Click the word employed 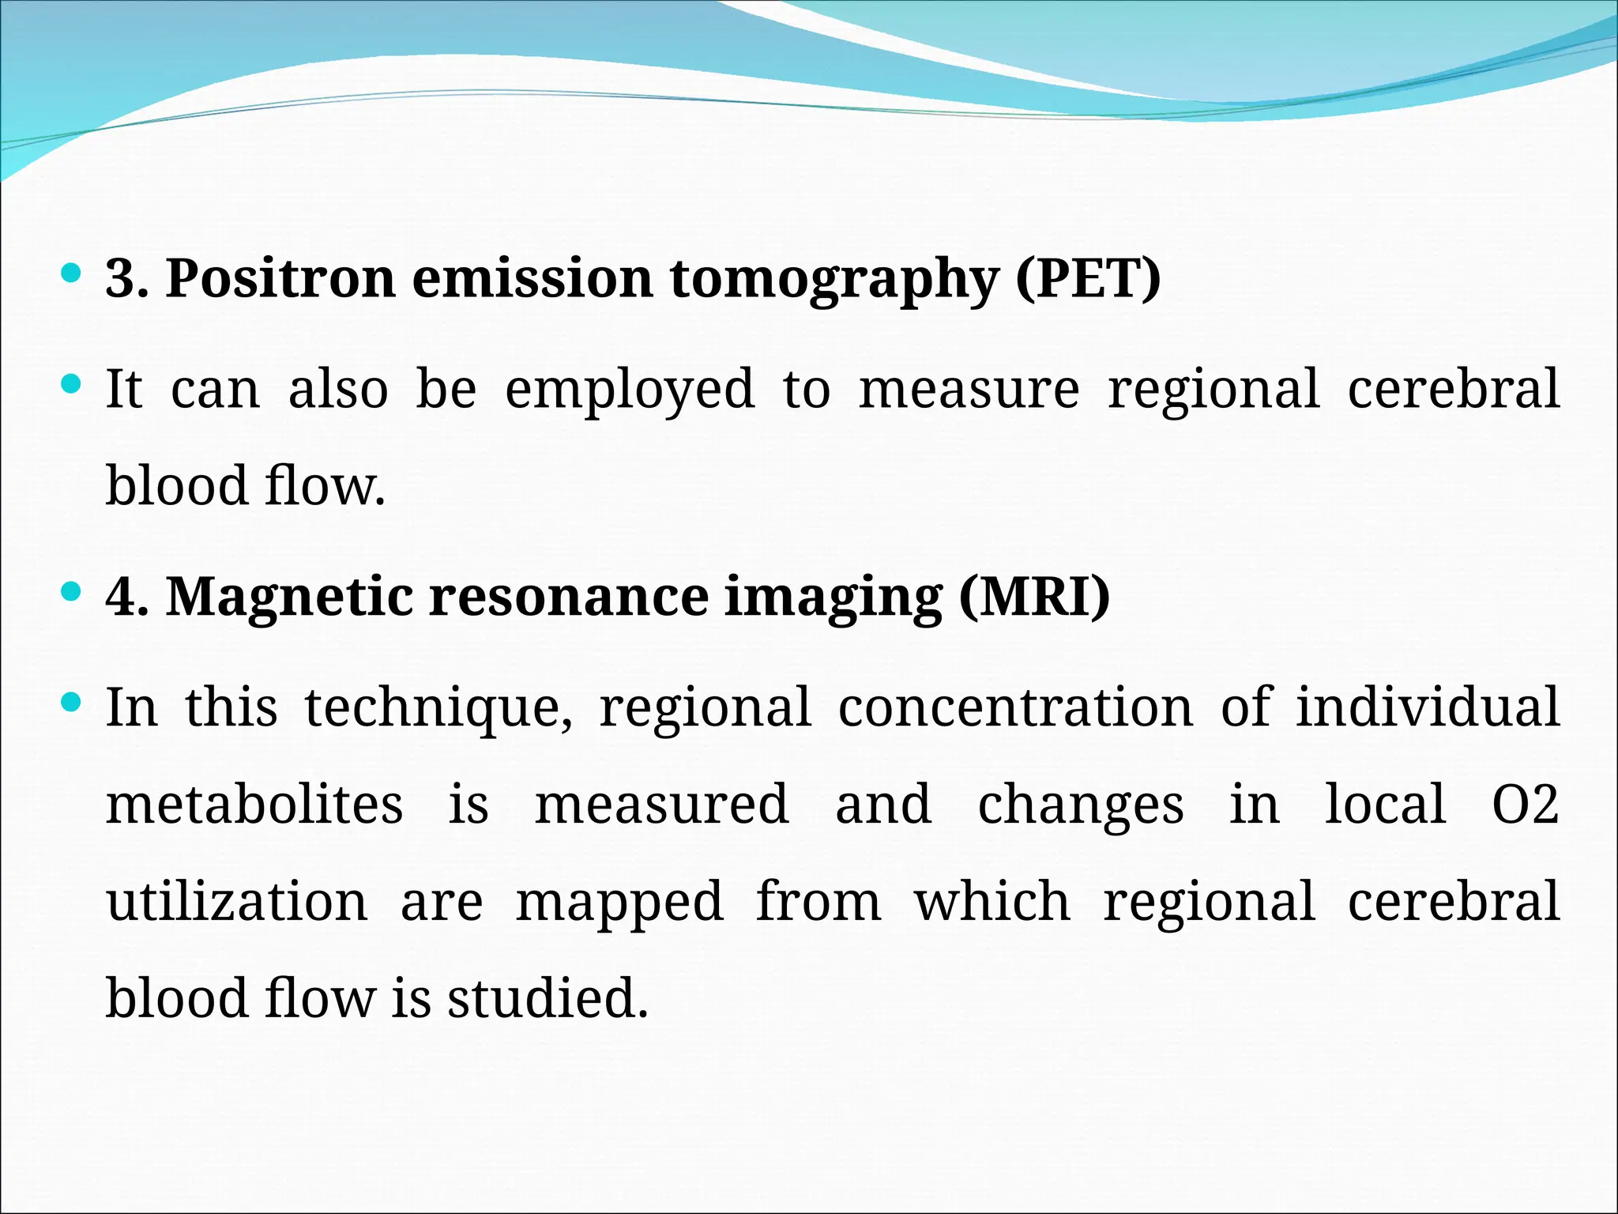pos(630,390)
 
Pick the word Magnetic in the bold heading pos(288,597)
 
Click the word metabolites pos(254,804)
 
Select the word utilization pos(237,901)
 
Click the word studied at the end pos(547,997)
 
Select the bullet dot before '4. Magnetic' pos(71,591)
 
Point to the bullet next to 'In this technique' pos(71,702)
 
